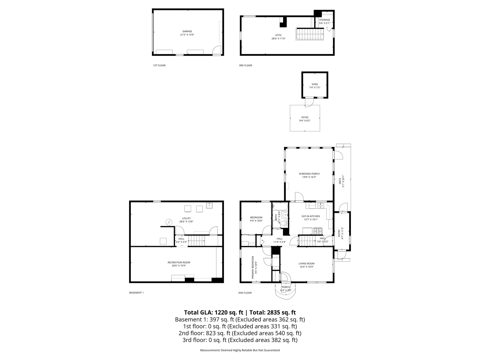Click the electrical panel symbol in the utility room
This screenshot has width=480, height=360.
(169, 222)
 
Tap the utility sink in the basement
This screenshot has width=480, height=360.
(209, 206)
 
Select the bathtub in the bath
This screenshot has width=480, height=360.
(280, 207)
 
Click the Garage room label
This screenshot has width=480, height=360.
(187, 31)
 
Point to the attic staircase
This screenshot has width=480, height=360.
(310, 34)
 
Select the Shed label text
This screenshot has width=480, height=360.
(315, 84)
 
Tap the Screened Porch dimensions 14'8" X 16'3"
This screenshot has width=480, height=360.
(309, 177)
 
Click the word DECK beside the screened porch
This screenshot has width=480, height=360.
(340, 181)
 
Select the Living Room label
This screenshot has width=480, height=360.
(307, 264)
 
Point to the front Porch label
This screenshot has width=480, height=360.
(286, 287)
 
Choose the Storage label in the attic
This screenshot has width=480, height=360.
(324, 20)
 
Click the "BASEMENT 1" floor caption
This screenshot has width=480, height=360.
(136, 293)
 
